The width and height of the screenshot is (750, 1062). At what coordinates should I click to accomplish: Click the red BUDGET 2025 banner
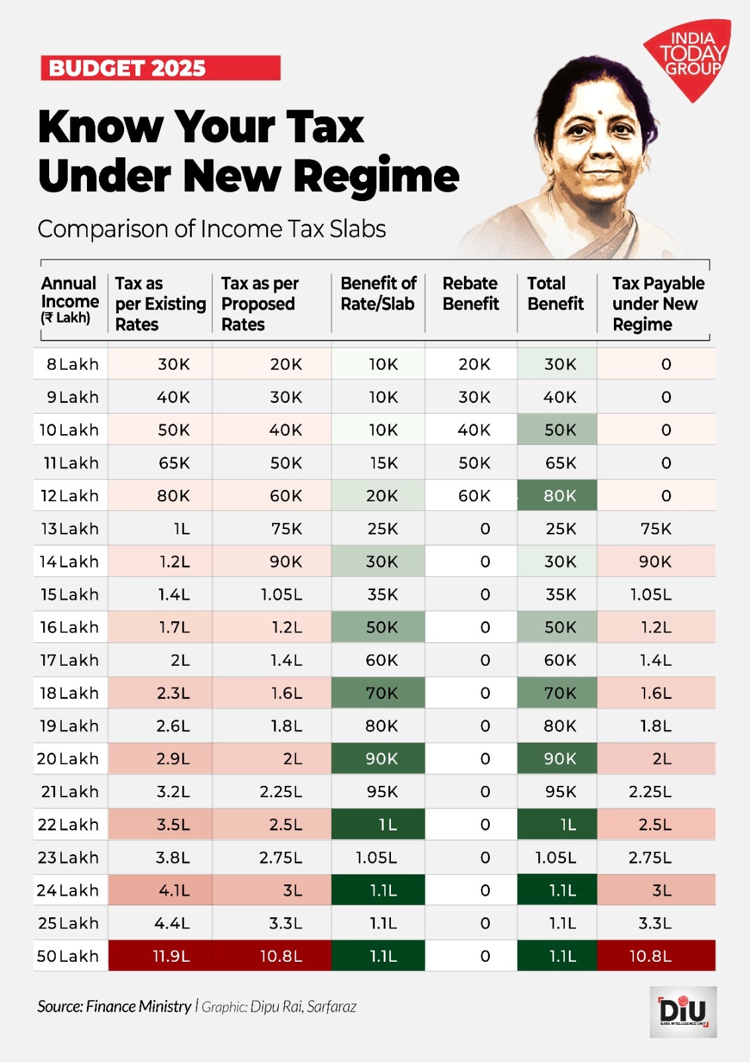(160, 68)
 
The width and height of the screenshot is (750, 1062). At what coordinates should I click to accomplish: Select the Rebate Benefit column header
(471, 293)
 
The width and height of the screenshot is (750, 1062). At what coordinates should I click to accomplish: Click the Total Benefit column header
(555, 293)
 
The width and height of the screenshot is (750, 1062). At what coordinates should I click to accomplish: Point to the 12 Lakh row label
(70, 496)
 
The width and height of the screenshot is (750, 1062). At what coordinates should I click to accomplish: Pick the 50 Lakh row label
(68, 956)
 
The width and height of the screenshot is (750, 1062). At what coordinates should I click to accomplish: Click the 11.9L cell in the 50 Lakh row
(171, 956)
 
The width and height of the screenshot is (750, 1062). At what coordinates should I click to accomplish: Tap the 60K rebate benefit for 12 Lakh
(474, 496)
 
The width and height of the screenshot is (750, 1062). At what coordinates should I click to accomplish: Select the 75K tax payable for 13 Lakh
(656, 529)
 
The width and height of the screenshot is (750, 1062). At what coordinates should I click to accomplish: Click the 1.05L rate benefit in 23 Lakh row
(376, 858)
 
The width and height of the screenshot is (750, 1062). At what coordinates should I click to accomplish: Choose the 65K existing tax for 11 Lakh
(174, 463)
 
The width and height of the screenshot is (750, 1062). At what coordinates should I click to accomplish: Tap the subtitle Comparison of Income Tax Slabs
(212, 229)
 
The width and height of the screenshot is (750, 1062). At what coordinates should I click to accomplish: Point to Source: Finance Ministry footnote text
(114, 1006)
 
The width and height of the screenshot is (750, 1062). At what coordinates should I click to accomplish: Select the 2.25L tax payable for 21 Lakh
(650, 792)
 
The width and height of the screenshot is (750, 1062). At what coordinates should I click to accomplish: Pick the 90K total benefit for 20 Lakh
(560, 759)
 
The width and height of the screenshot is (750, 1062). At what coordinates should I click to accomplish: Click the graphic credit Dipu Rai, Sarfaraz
(279, 1007)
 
